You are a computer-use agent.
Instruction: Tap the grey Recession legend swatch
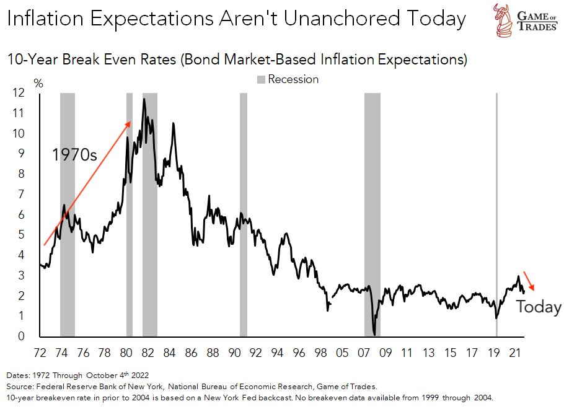pos(261,79)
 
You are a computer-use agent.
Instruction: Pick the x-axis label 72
pos(40,353)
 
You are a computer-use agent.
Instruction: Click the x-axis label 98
pos(320,353)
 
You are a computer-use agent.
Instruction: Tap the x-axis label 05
pos(342,353)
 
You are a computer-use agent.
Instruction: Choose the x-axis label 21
pos(514,353)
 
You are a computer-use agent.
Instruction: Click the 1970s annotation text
pos(74,154)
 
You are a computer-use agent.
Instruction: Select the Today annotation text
pos(539,307)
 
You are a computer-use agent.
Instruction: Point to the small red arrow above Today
pos(528,281)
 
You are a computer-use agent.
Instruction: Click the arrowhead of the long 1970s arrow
pos(129,123)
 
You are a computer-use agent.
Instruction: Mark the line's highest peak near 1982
pos(144,99)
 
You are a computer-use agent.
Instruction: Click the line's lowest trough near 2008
pos(374,334)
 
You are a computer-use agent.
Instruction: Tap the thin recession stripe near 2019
pos(496,214)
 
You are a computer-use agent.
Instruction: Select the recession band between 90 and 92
pos(243,214)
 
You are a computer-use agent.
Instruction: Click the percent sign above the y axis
pos(38,84)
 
